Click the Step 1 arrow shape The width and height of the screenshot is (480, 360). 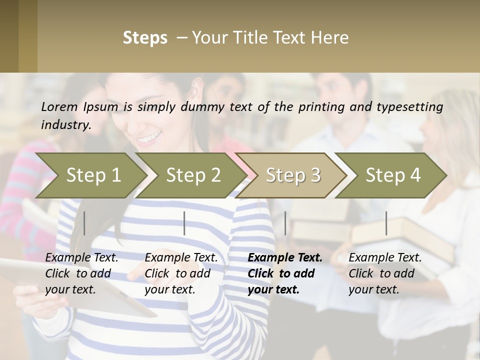coord(90,175)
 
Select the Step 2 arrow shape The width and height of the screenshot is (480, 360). coord(192,175)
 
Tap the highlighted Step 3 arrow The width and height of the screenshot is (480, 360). coord(292,175)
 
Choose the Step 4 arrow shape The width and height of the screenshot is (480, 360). coord(392,175)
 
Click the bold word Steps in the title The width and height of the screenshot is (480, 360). coord(145,38)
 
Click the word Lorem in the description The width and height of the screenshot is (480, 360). coord(59,106)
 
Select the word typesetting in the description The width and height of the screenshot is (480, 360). coord(407,106)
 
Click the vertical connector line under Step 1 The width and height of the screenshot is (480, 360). coord(84,223)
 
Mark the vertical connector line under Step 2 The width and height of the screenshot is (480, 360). coord(184,223)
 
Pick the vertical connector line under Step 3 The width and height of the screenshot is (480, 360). coord(285,223)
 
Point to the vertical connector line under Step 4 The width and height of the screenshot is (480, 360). coord(386,223)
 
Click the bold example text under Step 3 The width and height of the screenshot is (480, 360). coord(284,273)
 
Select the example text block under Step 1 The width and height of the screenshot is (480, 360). coord(81,273)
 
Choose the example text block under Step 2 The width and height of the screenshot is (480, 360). coord(180,273)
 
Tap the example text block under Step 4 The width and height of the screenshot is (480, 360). coord(384,273)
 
